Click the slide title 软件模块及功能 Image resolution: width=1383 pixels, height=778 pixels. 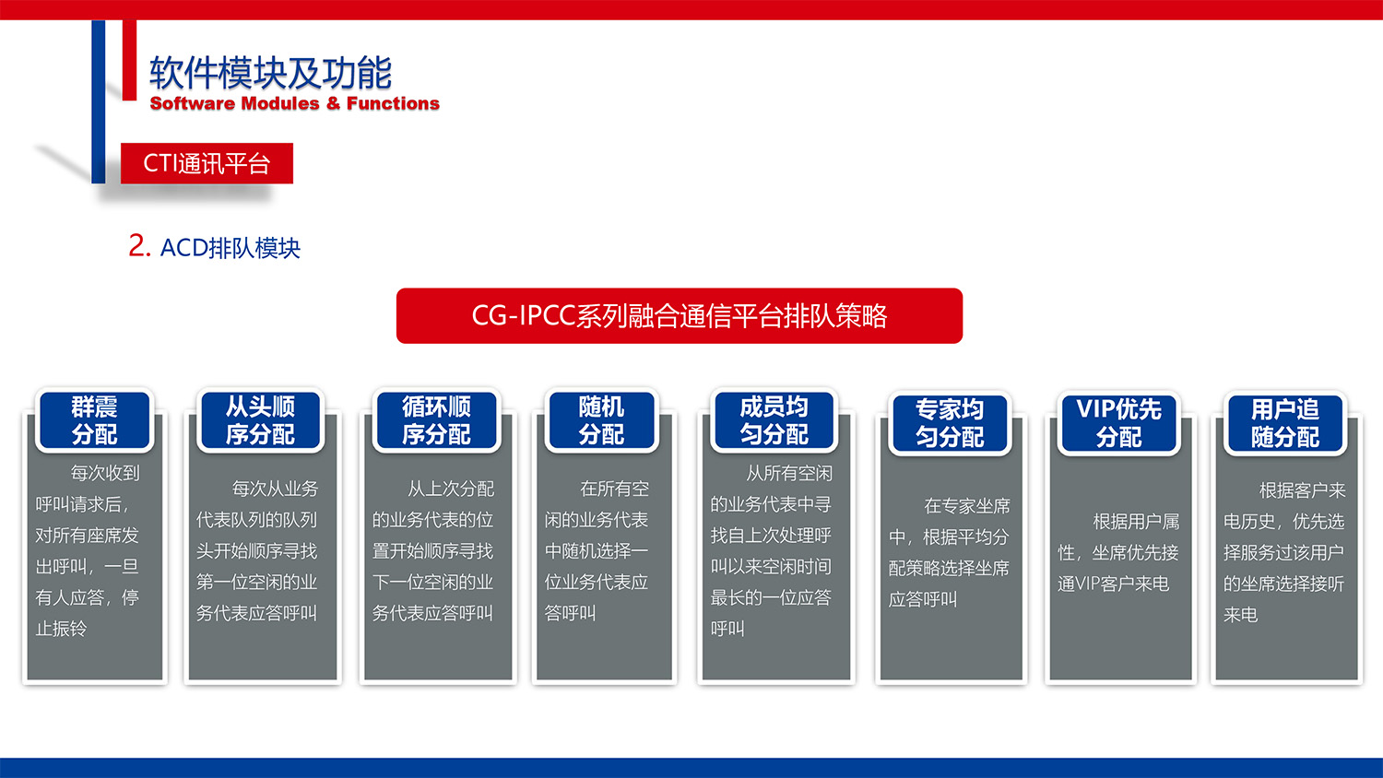[x=270, y=73]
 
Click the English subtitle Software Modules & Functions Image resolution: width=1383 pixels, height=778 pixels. [x=294, y=103]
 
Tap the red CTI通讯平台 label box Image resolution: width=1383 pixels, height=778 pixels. [x=207, y=163]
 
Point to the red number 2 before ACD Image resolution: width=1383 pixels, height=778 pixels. [x=138, y=245]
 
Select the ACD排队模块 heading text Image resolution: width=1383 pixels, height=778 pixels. [x=230, y=248]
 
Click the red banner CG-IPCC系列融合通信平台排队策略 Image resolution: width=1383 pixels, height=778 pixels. [x=680, y=316]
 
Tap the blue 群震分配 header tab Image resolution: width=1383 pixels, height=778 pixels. [x=94, y=420]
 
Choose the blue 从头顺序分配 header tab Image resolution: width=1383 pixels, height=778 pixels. [x=261, y=420]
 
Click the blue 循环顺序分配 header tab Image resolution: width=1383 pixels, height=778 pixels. [x=436, y=420]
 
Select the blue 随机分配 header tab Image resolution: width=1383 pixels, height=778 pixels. [x=601, y=420]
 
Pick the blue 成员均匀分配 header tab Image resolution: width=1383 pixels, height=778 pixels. [x=774, y=420]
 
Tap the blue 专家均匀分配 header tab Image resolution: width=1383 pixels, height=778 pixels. [x=950, y=423]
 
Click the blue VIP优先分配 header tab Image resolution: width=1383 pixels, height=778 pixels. [x=1118, y=423]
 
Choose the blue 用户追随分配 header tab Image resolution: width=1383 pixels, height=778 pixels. [x=1285, y=423]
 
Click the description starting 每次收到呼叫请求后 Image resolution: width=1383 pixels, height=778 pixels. [x=88, y=550]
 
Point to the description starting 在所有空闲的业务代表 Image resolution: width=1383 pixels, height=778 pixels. [x=597, y=550]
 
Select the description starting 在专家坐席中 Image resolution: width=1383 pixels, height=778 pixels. [x=949, y=552]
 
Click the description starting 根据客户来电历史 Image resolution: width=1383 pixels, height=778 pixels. [x=1283, y=552]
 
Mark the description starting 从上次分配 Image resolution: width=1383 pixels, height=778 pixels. [x=432, y=550]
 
